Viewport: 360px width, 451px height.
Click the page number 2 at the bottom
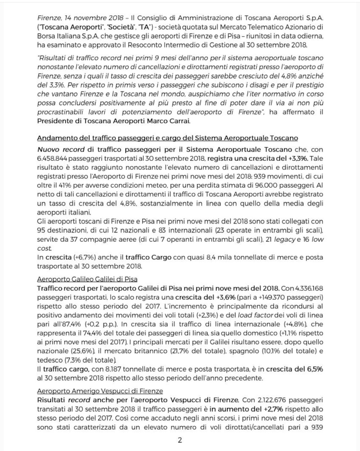pos(180,440)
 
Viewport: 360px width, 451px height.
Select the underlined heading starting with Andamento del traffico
pos(167,138)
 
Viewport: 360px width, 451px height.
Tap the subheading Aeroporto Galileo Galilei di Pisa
pos(87,279)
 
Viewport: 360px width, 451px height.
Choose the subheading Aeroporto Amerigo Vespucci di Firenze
pos(100,391)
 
